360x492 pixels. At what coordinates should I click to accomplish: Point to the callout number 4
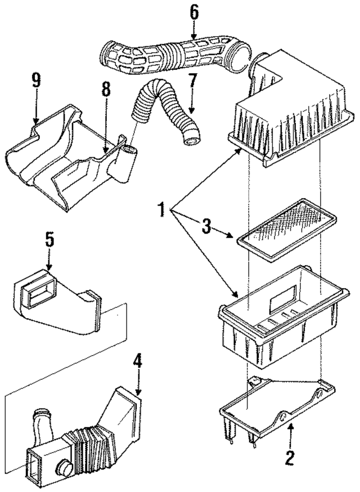point(137,366)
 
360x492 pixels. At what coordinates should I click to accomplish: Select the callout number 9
point(36,81)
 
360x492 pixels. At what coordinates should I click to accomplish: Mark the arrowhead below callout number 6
point(193,37)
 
